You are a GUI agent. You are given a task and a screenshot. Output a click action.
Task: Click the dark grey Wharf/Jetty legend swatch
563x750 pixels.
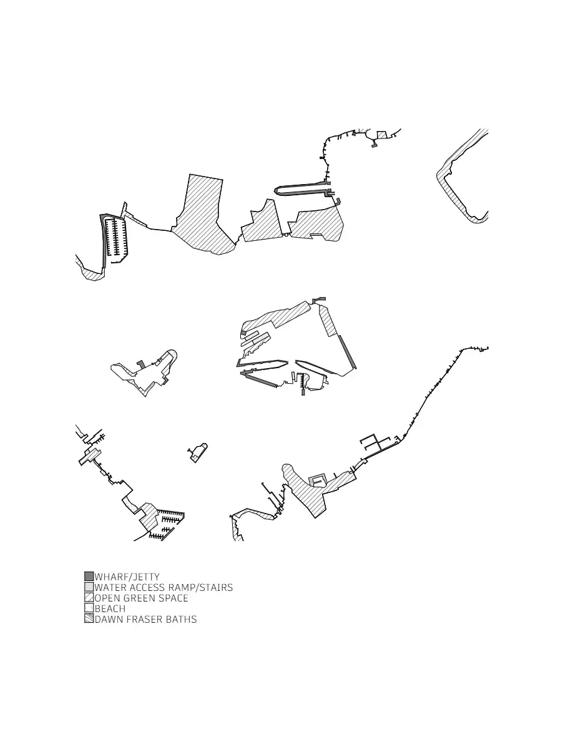point(89,577)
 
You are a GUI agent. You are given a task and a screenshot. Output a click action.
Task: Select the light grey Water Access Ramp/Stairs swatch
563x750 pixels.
point(89,587)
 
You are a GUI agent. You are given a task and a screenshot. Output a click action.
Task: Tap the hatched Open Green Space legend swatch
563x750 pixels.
point(89,598)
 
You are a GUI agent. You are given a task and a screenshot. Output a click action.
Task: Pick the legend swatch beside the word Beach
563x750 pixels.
point(89,608)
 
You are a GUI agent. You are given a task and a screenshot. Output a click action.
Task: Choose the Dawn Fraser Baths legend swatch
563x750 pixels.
point(89,619)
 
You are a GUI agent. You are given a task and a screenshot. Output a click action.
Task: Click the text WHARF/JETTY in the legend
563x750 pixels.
point(127,577)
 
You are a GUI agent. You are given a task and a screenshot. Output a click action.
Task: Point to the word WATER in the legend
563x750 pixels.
point(109,587)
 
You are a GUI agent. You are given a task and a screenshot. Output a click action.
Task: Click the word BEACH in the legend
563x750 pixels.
point(110,608)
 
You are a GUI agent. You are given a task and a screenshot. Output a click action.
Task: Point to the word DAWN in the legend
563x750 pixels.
point(109,619)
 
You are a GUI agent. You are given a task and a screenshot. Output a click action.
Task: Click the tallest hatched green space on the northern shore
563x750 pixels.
point(204,218)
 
